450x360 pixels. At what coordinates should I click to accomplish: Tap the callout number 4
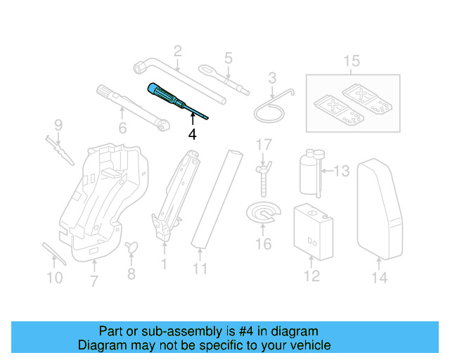coord(192,133)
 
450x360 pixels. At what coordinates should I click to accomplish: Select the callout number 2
coord(177,50)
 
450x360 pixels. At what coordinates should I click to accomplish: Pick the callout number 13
coord(341,171)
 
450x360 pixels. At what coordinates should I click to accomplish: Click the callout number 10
coord(54,278)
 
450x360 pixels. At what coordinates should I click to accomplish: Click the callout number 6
coord(122,128)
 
